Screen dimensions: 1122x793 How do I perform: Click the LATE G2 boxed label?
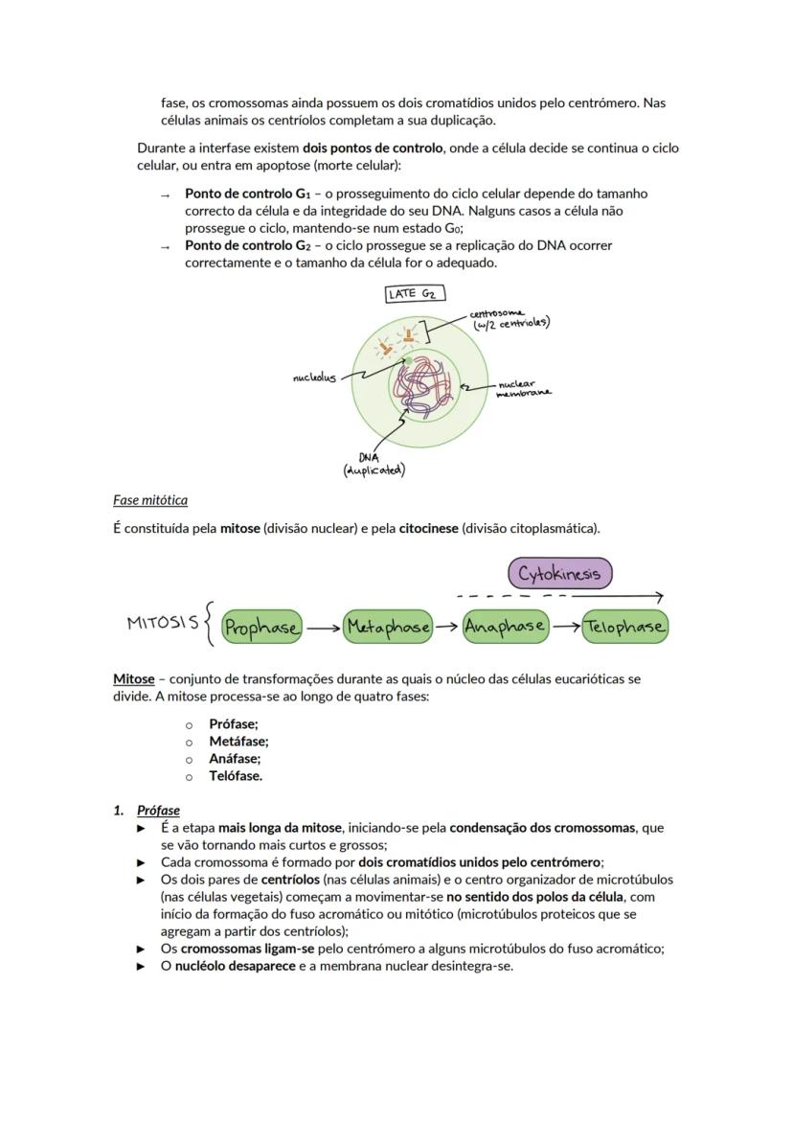click(416, 294)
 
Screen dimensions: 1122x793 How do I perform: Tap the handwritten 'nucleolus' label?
click(314, 378)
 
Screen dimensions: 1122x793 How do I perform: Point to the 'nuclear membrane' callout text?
click(523, 388)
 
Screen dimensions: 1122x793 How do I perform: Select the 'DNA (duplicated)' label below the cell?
click(374, 464)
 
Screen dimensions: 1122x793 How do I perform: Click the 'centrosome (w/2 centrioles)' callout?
click(509, 318)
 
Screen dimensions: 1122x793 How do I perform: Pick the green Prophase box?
click(261, 628)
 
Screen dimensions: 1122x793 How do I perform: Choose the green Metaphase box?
click(388, 628)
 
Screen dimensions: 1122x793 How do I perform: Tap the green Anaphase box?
click(505, 628)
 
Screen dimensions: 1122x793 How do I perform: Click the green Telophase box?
click(624, 628)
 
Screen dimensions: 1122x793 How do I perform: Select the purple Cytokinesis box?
click(559, 574)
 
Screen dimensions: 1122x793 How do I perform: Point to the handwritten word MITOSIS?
click(163, 623)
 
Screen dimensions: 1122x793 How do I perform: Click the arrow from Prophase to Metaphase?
click(323, 629)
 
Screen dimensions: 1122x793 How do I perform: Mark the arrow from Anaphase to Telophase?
click(566, 629)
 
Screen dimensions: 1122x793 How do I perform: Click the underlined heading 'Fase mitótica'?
click(150, 500)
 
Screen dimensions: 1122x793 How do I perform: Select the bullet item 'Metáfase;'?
click(238, 741)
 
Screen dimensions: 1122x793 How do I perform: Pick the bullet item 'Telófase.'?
click(236, 776)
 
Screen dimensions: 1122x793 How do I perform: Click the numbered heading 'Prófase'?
click(158, 810)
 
